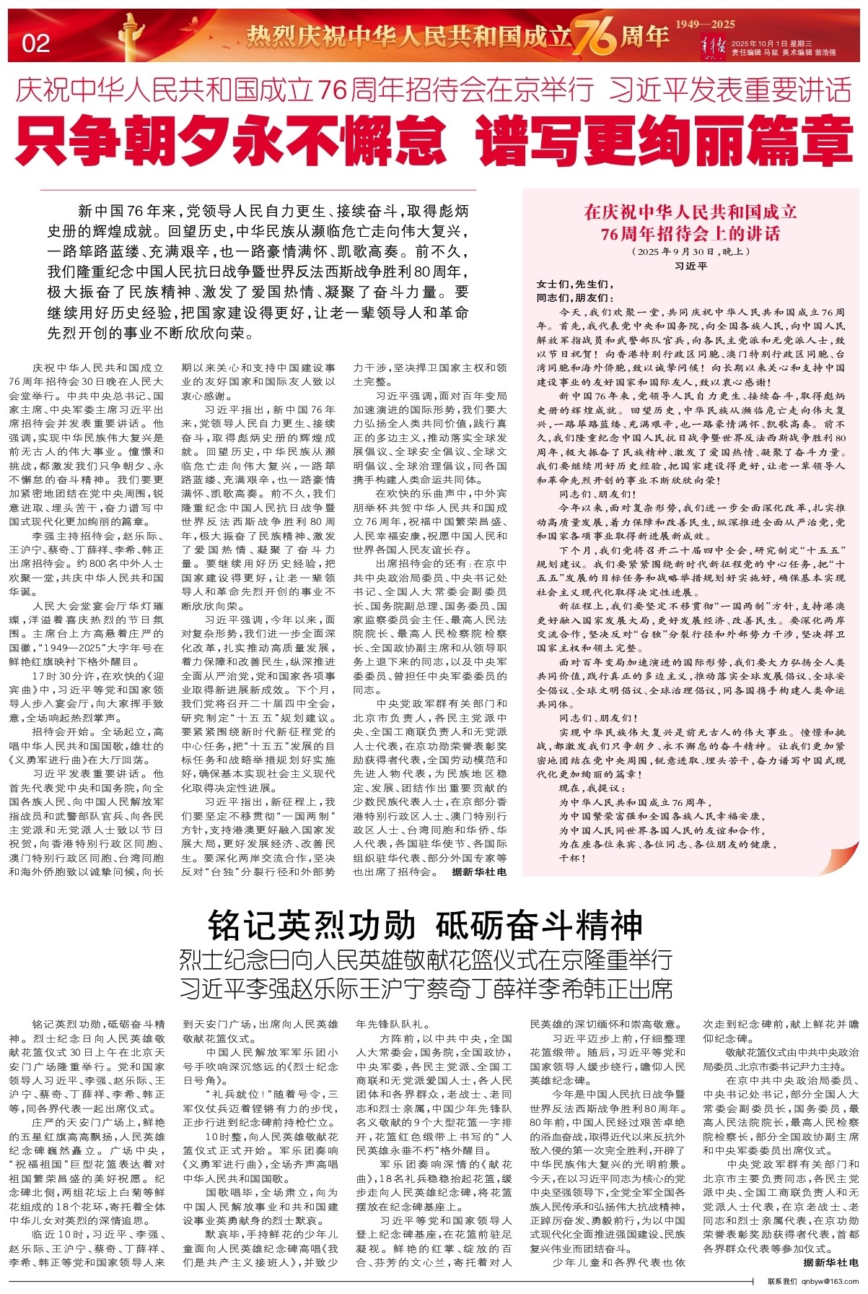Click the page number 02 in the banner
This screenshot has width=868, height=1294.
(36, 43)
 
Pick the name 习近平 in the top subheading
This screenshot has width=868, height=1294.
(646, 90)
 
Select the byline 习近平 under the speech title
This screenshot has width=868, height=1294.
(691, 266)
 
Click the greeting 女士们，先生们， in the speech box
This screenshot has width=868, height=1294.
(574, 284)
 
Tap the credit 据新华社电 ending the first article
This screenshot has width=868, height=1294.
(479, 872)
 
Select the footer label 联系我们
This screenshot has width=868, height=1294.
(781, 1282)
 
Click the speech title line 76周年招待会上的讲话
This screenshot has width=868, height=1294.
(691, 233)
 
